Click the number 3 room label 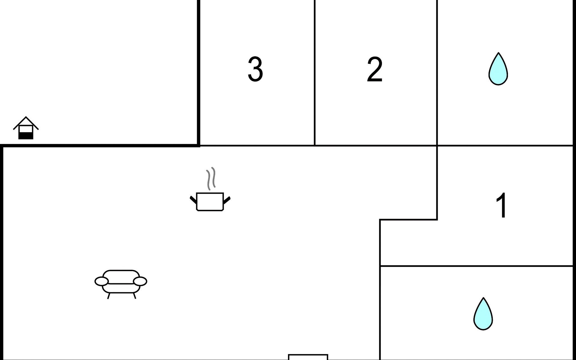pos(255,69)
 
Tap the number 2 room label pos(375,69)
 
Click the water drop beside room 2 pos(498,70)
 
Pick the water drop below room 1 pos(483,314)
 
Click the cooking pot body pos(210,202)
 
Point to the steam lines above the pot pos(211,178)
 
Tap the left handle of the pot pos(193,199)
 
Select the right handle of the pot pos(227,199)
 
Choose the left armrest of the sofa pos(101,281)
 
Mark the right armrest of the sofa pos(140,281)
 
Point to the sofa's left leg pos(109,296)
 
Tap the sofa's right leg pos(135,296)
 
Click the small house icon pos(26,128)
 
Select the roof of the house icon pos(26,121)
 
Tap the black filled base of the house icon pos(26,136)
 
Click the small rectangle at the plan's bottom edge pos(308,357)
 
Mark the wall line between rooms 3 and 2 pos(315,72)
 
